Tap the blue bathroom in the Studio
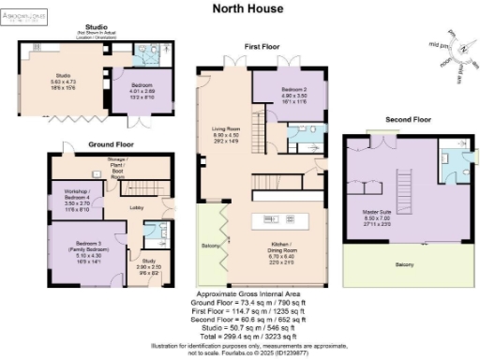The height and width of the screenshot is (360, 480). coord(153,54)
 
